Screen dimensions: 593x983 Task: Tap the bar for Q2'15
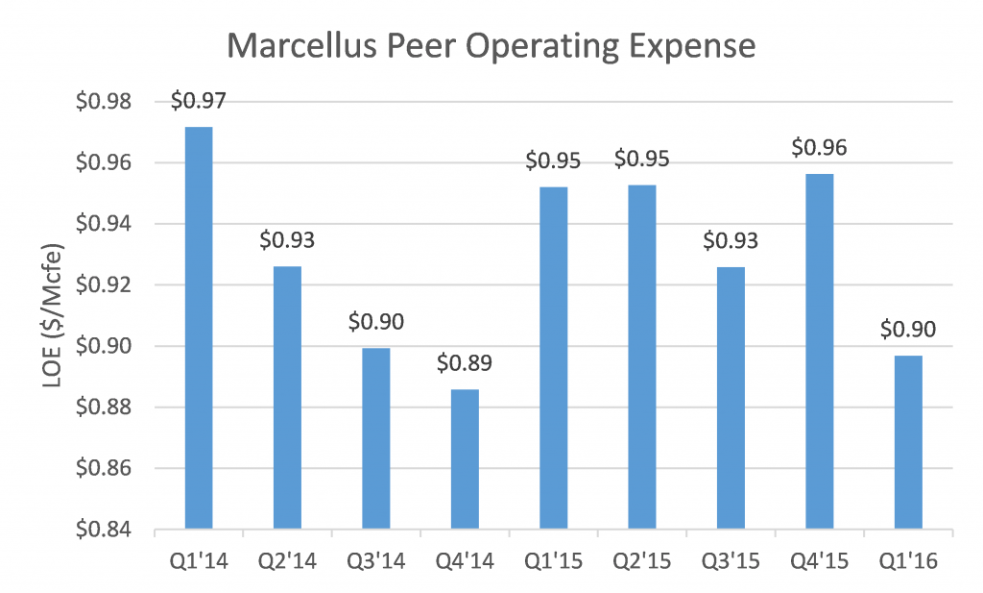point(643,357)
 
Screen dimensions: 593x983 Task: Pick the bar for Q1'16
point(909,442)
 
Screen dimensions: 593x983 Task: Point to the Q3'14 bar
point(376,438)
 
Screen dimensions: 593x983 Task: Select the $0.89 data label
point(466,364)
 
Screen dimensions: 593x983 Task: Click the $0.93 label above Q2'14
point(288,240)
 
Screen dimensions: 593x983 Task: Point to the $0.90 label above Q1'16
point(909,330)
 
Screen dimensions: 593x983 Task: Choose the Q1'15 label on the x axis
point(555,560)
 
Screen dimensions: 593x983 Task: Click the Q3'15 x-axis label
point(731,560)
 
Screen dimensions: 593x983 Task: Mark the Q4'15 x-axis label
point(821,560)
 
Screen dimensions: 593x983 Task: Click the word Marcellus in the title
point(294,46)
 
